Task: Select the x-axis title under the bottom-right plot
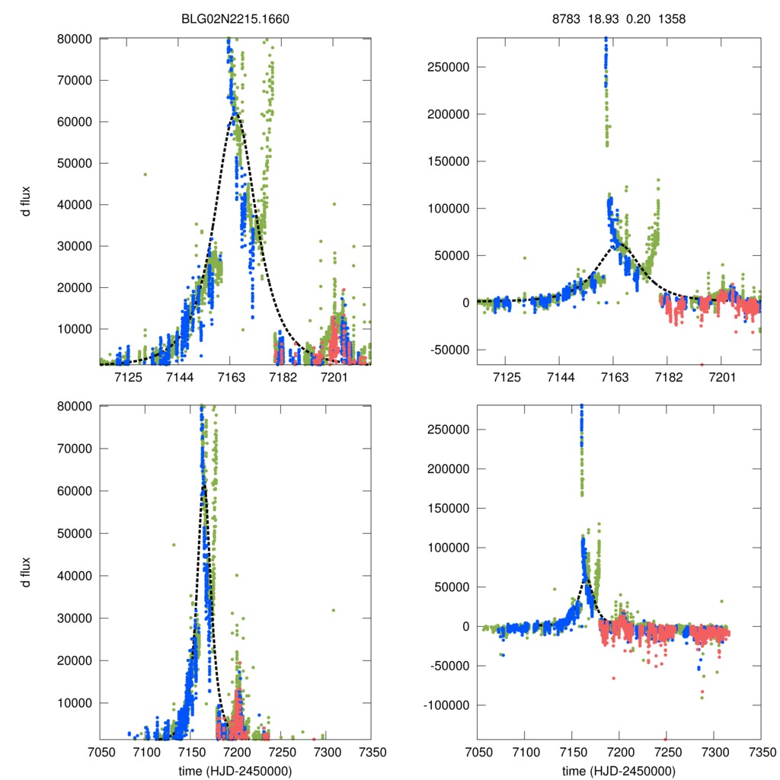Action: pyautogui.click(x=619, y=771)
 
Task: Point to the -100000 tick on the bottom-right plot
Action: pyautogui.click(x=443, y=705)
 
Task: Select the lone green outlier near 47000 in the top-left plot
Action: pyautogui.click(x=145, y=174)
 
